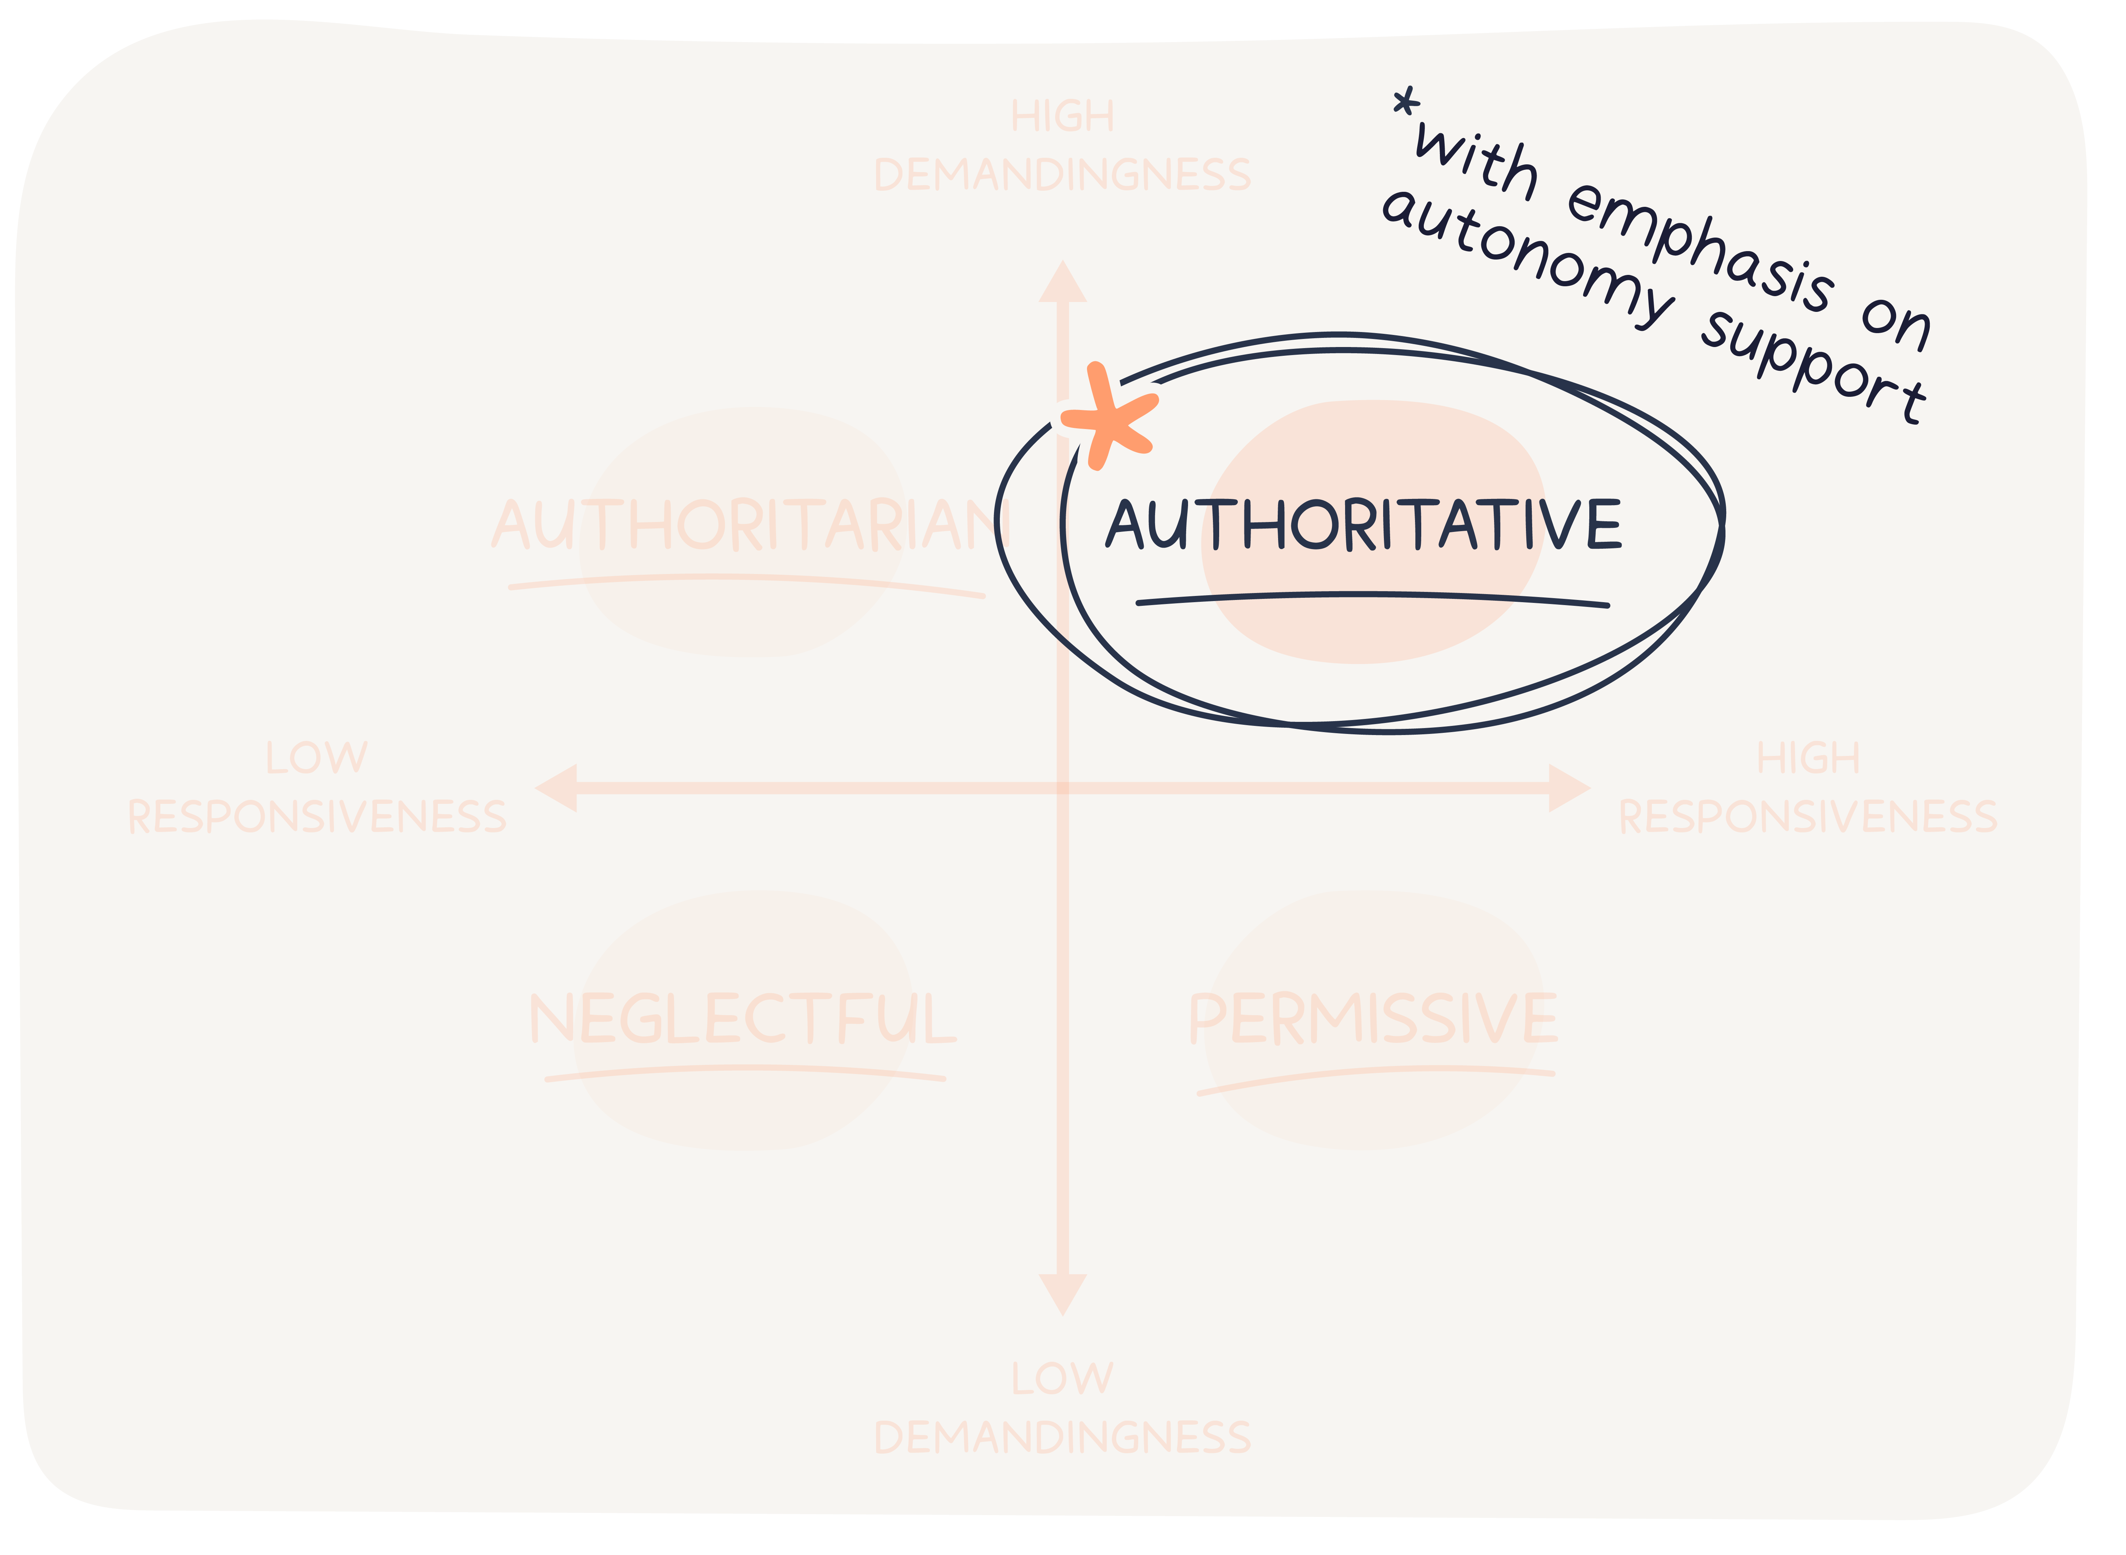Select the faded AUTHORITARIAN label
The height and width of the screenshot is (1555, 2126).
tap(749, 525)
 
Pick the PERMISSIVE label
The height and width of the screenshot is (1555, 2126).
tap(1373, 1019)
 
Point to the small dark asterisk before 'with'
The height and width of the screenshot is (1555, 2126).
tap(1406, 105)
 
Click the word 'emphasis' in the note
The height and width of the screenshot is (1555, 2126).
tap(1699, 247)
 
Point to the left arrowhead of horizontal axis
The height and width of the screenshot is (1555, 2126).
tap(557, 788)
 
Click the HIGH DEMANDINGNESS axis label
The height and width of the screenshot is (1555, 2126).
tap(1062, 146)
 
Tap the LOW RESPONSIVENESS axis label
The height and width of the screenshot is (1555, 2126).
tap(317, 788)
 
